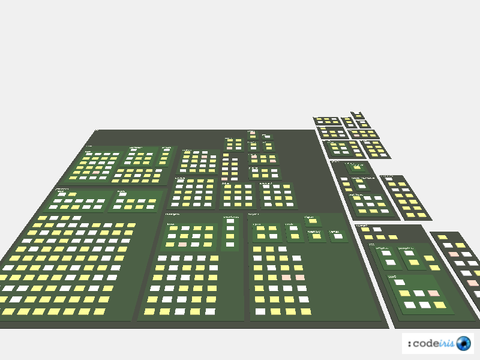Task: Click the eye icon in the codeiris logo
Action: pyautogui.click(x=463, y=343)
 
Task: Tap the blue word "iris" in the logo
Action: pyautogui.click(x=448, y=343)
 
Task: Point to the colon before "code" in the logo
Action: pyautogui.click(x=409, y=343)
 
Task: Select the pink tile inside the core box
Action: pyautogui.click(x=433, y=293)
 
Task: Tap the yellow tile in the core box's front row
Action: pyautogui.click(x=440, y=305)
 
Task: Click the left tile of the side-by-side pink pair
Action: pyautogui.click(x=286, y=278)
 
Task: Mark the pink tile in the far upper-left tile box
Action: pyautogui.click(x=97, y=172)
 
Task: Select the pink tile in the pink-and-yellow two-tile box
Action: pyautogui.click(x=273, y=161)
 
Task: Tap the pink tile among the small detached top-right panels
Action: pyautogui.click(x=356, y=135)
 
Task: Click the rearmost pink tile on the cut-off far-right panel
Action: pyautogui.click(x=454, y=254)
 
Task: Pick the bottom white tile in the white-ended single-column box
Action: pyautogui.click(x=230, y=244)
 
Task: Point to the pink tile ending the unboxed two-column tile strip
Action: pyautogui.click(x=224, y=179)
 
